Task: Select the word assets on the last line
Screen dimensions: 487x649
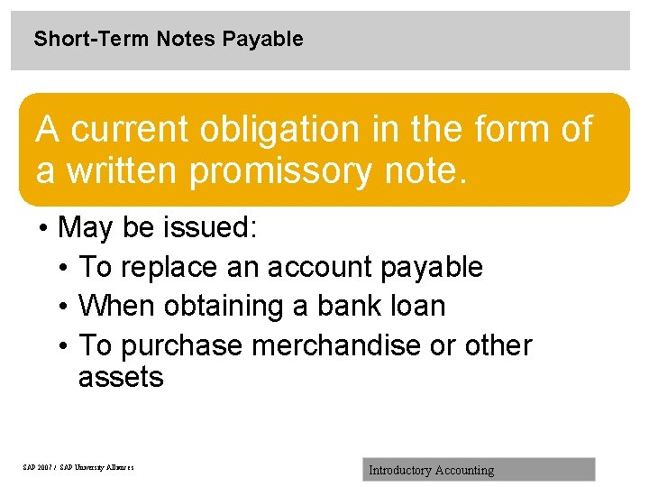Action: (121, 377)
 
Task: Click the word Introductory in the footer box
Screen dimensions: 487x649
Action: (400, 470)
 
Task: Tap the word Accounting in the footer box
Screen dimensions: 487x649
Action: (465, 470)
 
